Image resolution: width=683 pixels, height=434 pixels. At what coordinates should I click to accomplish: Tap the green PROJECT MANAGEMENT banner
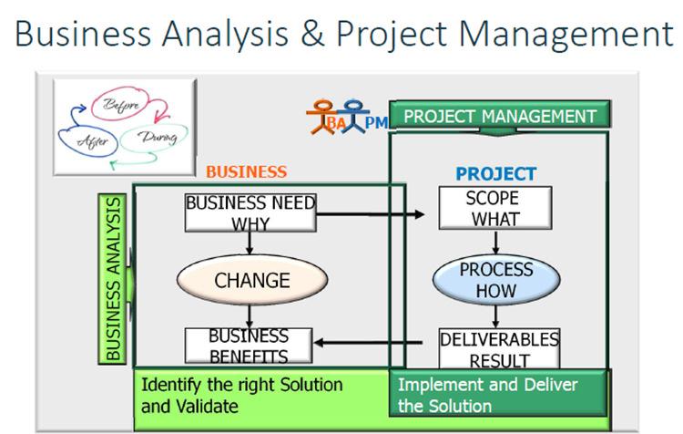point(499,116)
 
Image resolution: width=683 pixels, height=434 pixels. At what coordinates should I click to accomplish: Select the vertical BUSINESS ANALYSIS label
point(113,277)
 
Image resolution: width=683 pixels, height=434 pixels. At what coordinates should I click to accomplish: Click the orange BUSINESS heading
point(246,171)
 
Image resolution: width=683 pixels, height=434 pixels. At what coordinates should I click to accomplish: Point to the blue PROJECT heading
point(495,173)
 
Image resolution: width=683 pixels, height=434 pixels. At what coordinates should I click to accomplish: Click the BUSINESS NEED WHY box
point(250,213)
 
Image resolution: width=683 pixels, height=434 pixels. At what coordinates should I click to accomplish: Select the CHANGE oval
point(251,280)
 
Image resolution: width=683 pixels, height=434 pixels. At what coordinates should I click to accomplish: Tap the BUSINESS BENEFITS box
point(250,346)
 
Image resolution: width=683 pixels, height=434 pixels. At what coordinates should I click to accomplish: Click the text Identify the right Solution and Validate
point(241,394)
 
